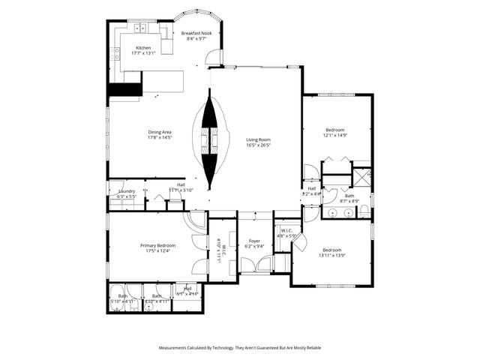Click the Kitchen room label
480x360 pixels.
click(x=142, y=47)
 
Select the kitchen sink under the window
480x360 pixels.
click(x=139, y=29)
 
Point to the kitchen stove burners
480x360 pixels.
click(x=115, y=53)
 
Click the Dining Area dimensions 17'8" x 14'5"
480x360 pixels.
click(x=160, y=138)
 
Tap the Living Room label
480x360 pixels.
click(x=259, y=139)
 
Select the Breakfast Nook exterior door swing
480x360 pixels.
click(x=215, y=57)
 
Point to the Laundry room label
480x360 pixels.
click(x=126, y=191)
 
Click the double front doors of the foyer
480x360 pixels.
click(x=256, y=265)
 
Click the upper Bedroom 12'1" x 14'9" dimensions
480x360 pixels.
click(x=334, y=136)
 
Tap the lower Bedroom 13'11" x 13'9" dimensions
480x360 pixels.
click(x=331, y=256)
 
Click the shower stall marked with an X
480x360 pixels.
click(x=362, y=177)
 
